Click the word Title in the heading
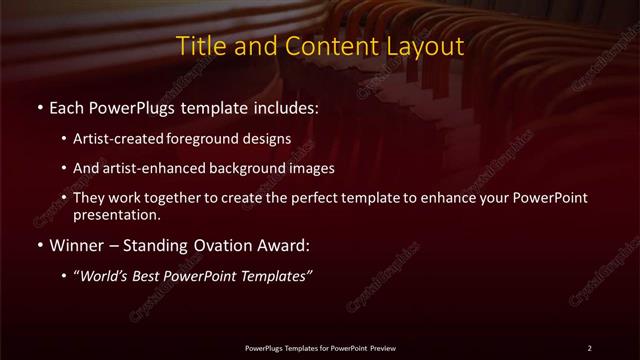click(x=199, y=47)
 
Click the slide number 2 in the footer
click(x=589, y=348)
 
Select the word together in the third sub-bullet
click(x=179, y=198)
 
